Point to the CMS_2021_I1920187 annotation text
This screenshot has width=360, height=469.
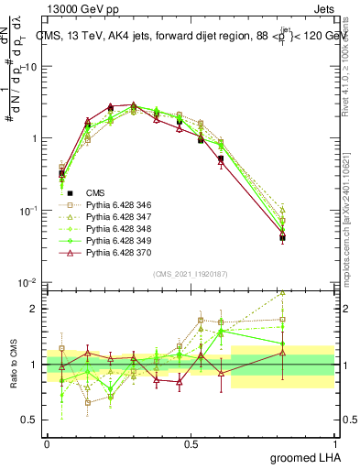coord(190,272)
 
